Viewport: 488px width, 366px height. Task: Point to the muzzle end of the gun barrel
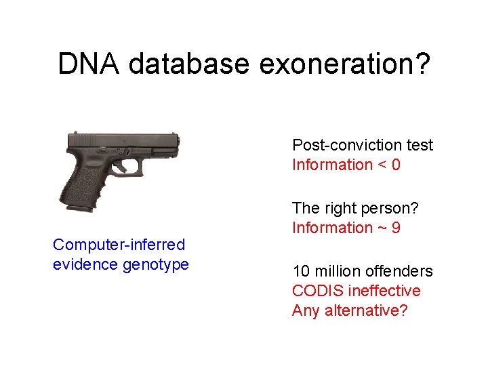point(178,142)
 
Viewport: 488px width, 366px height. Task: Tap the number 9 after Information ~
point(395,228)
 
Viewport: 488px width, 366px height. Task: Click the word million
point(336,272)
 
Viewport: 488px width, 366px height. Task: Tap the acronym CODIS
point(317,291)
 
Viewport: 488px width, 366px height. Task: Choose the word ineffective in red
point(384,291)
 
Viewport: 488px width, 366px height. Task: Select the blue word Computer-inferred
point(119,245)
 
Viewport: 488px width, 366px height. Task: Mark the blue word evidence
point(85,264)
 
